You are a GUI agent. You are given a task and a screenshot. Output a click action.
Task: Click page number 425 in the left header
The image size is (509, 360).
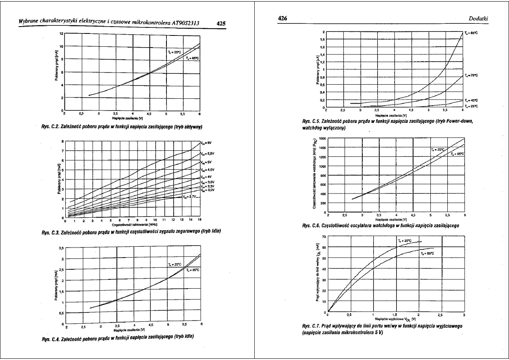pyautogui.click(x=221, y=23)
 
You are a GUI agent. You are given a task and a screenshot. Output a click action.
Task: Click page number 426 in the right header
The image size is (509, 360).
pyautogui.click(x=283, y=19)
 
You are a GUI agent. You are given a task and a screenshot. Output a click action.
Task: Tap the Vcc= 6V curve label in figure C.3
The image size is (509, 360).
pyautogui.click(x=206, y=143)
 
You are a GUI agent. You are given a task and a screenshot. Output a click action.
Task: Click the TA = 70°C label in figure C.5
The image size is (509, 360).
pyautogui.click(x=471, y=75)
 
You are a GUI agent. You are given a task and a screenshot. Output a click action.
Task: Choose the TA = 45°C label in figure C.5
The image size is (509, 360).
pyautogui.click(x=471, y=100)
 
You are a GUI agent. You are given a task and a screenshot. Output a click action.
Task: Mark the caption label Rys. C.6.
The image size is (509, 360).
pyautogui.click(x=311, y=226)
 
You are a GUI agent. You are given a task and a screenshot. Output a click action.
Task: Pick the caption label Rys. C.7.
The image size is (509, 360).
pyautogui.click(x=311, y=325)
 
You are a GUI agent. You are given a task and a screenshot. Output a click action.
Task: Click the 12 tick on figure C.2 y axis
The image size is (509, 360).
pyautogui.click(x=61, y=33)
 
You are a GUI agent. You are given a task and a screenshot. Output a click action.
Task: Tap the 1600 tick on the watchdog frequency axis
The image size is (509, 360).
pyautogui.click(x=321, y=139)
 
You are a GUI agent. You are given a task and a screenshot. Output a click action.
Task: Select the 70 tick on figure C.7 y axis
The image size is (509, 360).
pyautogui.click(x=323, y=236)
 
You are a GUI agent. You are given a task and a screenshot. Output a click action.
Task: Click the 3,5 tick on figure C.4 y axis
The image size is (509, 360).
pyautogui.click(x=61, y=248)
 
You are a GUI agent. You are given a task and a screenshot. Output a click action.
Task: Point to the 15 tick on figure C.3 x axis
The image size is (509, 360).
pyautogui.click(x=200, y=220)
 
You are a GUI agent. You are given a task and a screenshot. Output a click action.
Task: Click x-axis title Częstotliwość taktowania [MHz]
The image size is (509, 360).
pyautogui.click(x=131, y=224)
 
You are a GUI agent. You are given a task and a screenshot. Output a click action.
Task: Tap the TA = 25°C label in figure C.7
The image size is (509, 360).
pyautogui.click(x=404, y=241)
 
